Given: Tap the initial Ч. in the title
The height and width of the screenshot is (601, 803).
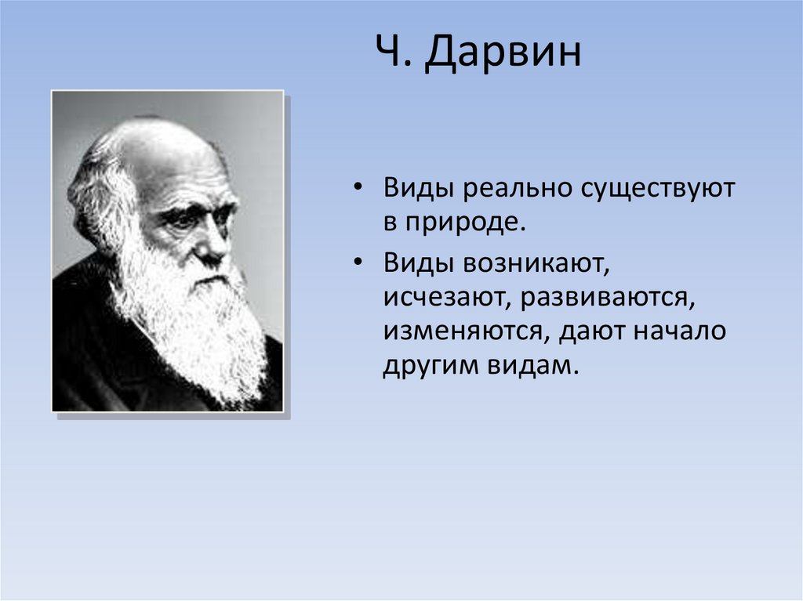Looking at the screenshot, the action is point(394,51).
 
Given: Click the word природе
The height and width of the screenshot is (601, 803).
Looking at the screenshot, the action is point(466,223).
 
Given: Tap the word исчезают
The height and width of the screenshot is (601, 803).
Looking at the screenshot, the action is point(445,298).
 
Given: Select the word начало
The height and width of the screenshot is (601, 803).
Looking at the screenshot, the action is point(680,331).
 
